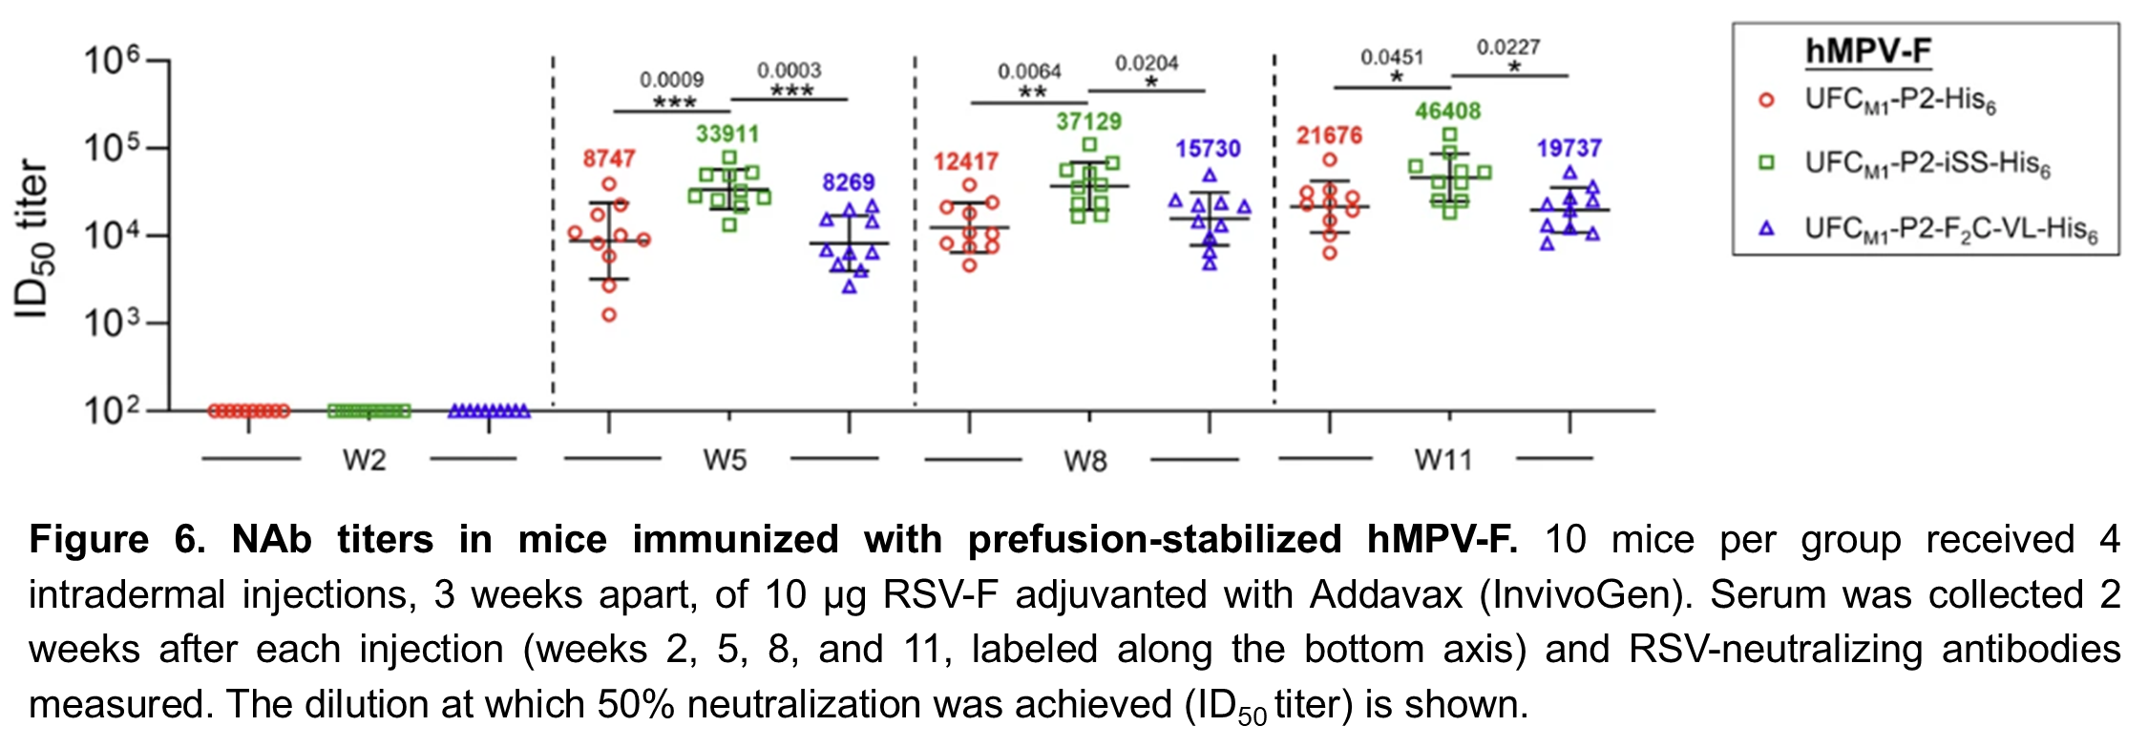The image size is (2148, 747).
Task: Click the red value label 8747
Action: (609, 158)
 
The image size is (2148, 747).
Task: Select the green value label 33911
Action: (727, 134)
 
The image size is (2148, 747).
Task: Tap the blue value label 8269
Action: (849, 182)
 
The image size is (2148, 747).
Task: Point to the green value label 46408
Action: (1447, 111)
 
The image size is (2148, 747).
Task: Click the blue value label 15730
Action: (1208, 149)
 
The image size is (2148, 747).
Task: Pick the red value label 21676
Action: (1329, 135)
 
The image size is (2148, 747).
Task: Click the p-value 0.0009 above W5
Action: (672, 79)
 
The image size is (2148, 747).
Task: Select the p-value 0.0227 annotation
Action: (1508, 48)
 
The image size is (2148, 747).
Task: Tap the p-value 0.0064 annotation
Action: (1029, 72)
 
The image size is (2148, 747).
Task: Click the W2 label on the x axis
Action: (365, 461)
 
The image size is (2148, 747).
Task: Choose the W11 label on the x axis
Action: (1443, 461)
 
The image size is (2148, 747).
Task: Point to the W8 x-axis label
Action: (1085, 462)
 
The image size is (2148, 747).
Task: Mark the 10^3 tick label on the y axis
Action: (112, 324)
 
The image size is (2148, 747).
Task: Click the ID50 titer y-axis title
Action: (32, 239)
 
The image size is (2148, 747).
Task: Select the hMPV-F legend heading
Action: (1867, 52)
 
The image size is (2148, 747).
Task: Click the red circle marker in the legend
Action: (1766, 99)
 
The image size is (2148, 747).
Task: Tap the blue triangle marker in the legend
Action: (1766, 228)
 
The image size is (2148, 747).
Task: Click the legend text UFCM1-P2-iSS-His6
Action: (1927, 164)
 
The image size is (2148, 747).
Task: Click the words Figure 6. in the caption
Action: (117, 540)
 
